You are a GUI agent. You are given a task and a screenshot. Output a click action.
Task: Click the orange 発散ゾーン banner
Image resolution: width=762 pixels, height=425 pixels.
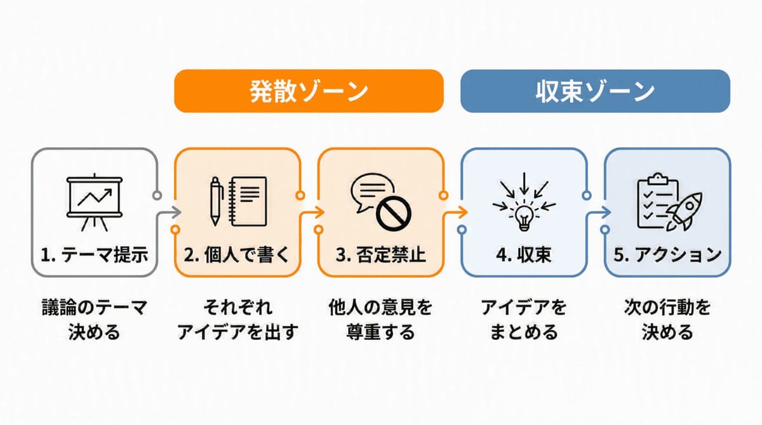coord(309,91)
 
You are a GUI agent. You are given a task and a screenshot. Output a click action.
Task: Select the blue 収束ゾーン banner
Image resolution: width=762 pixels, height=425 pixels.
coord(595,91)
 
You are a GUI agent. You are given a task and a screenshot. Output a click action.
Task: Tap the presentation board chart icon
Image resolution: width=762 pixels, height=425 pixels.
coord(95,202)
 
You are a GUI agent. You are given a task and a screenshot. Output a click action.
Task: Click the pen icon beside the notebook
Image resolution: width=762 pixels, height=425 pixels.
coord(216,201)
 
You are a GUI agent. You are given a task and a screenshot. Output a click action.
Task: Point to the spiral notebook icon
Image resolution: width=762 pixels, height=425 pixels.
coord(248,202)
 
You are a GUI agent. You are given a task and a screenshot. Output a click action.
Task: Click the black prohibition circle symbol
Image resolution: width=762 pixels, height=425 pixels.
coord(394,214)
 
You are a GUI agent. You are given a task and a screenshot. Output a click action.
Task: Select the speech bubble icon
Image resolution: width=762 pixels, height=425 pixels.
coord(372,192)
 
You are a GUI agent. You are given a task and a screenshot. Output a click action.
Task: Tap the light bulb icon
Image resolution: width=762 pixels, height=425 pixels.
coord(525,218)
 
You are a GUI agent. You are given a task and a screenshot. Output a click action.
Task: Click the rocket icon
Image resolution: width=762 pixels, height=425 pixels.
coord(684,211)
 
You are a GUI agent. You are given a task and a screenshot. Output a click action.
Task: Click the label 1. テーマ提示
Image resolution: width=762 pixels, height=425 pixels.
coord(95,255)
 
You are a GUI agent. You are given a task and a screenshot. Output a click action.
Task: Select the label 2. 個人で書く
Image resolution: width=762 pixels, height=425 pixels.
coord(237,255)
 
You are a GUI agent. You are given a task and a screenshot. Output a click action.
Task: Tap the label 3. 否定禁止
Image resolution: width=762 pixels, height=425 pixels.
coord(380,255)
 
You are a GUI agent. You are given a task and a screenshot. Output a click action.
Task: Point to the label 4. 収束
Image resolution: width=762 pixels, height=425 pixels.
coord(524,255)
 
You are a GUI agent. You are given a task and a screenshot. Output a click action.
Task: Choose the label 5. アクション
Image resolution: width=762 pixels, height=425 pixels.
coord(667,255)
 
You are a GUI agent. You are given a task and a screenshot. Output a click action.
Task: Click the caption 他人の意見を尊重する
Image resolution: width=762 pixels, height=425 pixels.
coord(380,320)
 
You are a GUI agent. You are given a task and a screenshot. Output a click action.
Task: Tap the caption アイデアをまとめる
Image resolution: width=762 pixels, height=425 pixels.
coord(524,320)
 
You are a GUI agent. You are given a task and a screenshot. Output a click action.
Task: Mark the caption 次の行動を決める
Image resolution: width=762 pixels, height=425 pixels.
coord(667,320)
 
